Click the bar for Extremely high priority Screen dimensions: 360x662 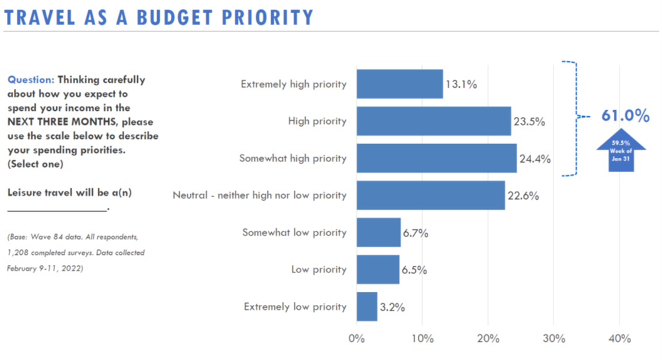(400, 84)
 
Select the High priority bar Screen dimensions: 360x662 (433, 121)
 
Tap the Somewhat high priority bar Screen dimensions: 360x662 (437, 158)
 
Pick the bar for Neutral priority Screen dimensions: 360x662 (430, 195)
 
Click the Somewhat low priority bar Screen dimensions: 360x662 (378, 232)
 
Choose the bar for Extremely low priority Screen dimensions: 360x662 (367, 307)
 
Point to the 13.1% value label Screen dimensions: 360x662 (462, 85)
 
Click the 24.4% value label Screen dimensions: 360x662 (535, 158)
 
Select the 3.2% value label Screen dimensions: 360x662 (392, 307)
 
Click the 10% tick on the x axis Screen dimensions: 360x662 (422, 339)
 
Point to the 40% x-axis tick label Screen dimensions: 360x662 (619, 339)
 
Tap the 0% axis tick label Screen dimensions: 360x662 (356, 339)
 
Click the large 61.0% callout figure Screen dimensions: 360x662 (625, 116)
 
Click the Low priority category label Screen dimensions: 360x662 (318, 270)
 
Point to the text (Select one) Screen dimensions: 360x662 (36, 163)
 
